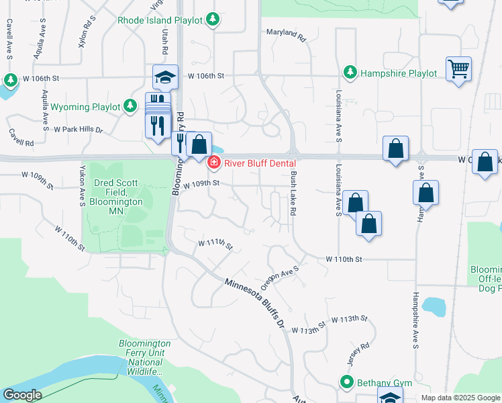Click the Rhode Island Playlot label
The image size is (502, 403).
click(x=160, y=20)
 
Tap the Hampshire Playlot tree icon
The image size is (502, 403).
click(x=350, y=72)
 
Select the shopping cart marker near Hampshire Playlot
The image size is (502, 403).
click(x=458, y=69)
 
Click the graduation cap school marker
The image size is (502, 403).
click(x=164, y=78)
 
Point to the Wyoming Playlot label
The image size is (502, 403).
click(x=85, y=107)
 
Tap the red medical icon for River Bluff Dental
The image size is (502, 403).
click(x=214, y=162)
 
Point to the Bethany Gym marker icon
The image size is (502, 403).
click(x=347, y=383)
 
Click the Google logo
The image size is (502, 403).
click(x=21, y=395)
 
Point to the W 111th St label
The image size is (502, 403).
click(x=215, y=244)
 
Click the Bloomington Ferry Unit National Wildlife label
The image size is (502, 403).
click(x=144, y=357)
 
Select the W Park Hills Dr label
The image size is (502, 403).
click(x=79, y=129)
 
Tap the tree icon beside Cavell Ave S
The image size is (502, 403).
click(x=10, y=81)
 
